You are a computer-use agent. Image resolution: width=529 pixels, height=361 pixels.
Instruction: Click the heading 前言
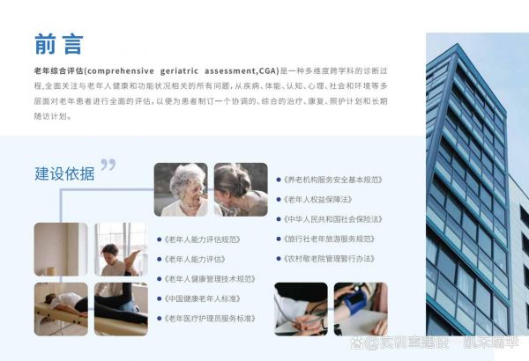(x=59, y=44)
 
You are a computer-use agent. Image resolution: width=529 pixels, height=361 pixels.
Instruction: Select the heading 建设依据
(x=64, y=173)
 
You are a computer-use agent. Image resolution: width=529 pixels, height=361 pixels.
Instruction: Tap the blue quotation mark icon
(x=108, y=165)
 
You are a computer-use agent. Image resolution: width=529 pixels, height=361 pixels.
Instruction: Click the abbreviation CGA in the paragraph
(x=268, y=70)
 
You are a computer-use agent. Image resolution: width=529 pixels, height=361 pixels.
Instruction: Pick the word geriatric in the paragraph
(x=179, y=71)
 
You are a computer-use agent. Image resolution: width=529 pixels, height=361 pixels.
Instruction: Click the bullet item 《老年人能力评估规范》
(x=202, y=239)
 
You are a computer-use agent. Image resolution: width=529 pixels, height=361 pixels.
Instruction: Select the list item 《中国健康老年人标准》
(x=202, y=299)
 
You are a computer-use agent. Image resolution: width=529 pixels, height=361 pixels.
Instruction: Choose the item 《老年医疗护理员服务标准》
(x=210, y=319)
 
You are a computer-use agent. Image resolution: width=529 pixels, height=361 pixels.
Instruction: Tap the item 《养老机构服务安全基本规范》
(x=332, y=180)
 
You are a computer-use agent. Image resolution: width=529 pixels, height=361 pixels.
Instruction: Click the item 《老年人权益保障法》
(x=317, y=200)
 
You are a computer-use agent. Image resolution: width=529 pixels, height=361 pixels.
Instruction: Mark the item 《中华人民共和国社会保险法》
(x=332, y=219)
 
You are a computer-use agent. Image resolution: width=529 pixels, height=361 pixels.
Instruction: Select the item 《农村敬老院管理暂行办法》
(x=329, y=259)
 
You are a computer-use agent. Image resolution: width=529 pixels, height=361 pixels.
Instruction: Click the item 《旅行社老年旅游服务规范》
(x=329, y=239)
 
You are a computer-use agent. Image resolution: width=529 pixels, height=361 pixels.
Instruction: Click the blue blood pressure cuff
(x=356, y=300)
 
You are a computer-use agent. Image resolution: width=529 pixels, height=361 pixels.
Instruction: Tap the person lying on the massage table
(x=64, y=306)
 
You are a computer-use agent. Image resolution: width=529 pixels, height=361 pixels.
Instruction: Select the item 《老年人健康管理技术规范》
(x=210, y=279)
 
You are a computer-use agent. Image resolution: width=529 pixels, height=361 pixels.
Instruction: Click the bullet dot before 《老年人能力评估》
(x=160, y=259)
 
